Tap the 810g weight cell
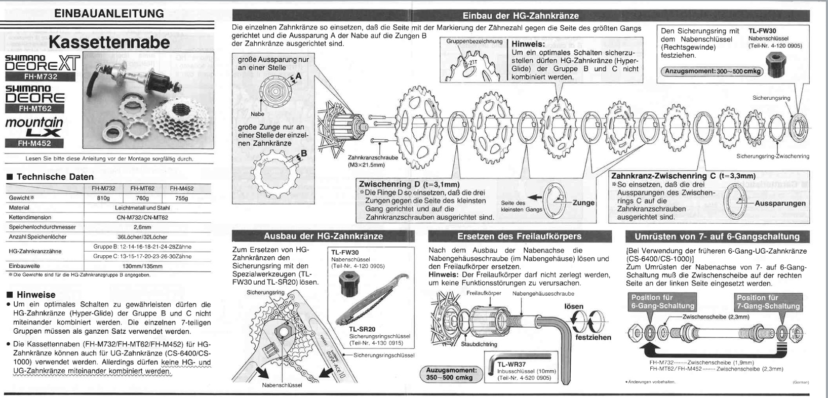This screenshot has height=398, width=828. (103, 198)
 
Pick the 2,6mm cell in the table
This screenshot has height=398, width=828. (142, 227)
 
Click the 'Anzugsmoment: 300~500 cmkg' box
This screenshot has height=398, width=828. (713, 71)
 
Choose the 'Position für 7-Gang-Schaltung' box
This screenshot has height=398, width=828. (768, 302)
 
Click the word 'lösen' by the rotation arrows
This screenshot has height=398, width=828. (573, 306)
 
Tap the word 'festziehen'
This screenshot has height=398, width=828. (594, 337)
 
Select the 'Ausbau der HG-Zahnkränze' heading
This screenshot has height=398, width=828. (323, 236)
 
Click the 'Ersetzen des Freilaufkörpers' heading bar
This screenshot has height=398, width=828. (519, 236)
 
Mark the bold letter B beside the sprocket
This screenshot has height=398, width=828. (304, 153)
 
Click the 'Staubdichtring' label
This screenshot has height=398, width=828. (479, 344)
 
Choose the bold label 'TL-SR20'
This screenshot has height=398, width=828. (362, 329)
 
